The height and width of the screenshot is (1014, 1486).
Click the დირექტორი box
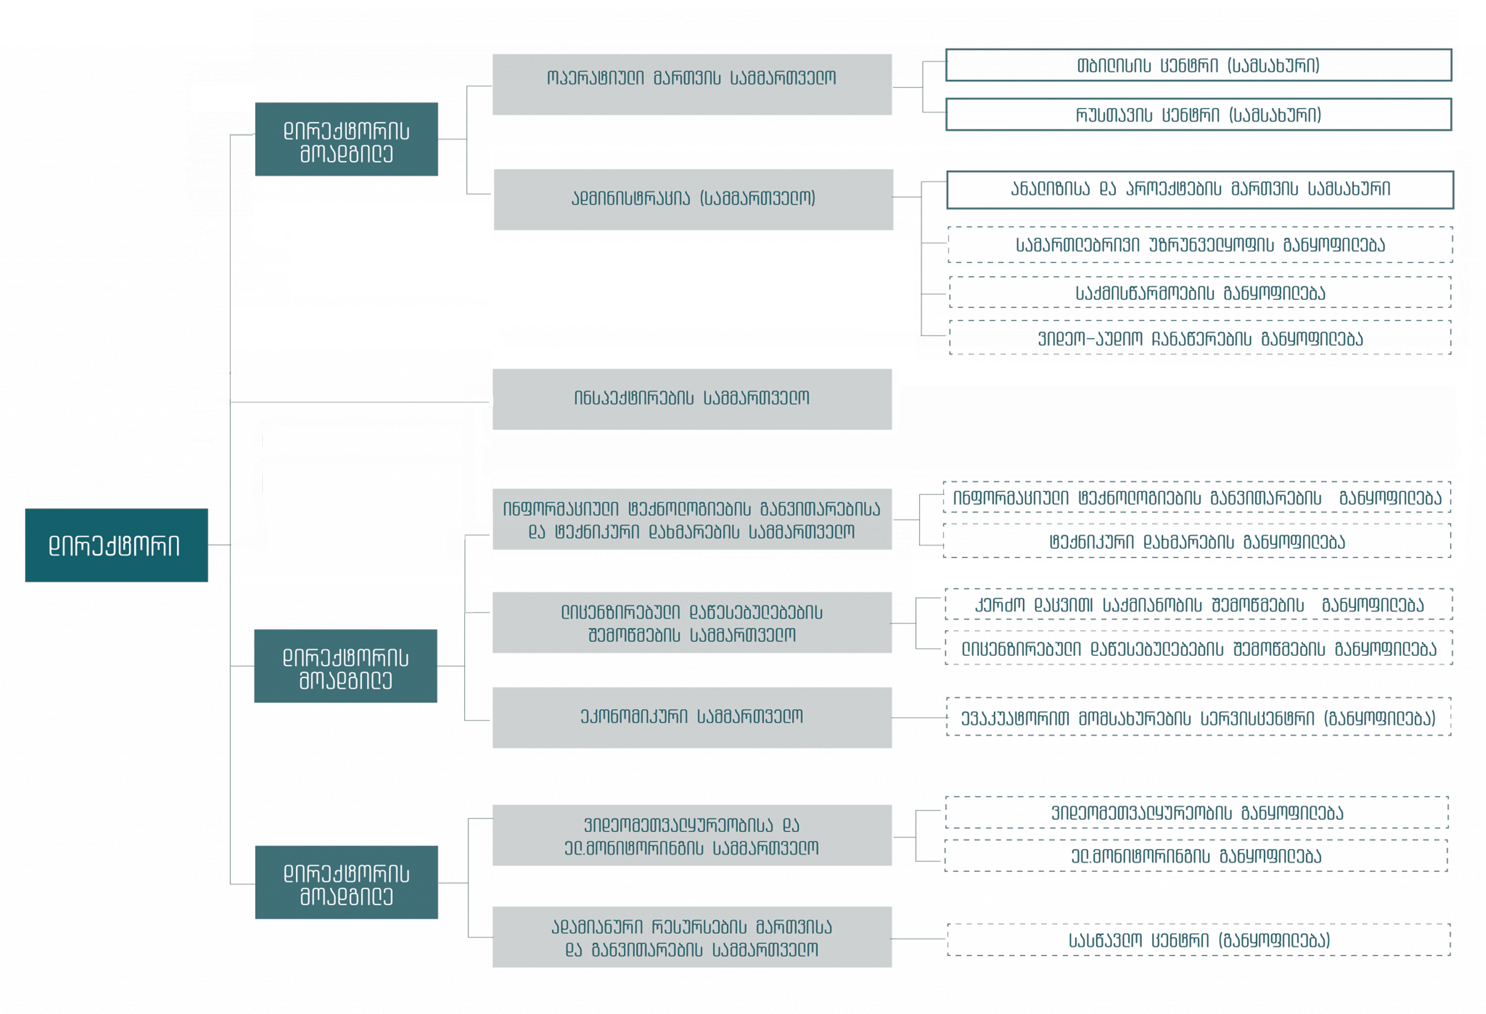[x=116, y=545]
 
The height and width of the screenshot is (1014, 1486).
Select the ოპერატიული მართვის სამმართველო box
[x=692, y=84]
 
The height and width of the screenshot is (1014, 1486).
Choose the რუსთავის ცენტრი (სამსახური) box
[x=1199, y=114]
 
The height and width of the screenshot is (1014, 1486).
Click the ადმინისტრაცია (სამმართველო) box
[x=693, y=200]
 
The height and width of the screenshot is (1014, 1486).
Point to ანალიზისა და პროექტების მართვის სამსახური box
[x=1200, y=190]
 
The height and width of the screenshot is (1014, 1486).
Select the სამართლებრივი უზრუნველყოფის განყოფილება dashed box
[x=1200, y=245]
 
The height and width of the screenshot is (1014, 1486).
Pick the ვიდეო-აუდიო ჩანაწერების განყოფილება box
[x=1200, y=338]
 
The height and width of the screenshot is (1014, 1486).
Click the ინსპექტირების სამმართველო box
[x=692, y=399]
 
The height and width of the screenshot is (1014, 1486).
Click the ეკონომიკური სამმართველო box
[x=692, y=717]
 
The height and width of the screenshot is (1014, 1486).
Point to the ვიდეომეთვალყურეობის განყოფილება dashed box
[x=1196, y=813]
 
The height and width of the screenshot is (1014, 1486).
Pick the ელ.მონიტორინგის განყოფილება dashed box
[x=1196, y=855]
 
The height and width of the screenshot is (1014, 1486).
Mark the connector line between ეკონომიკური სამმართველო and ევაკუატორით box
[x=919, y=717]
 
